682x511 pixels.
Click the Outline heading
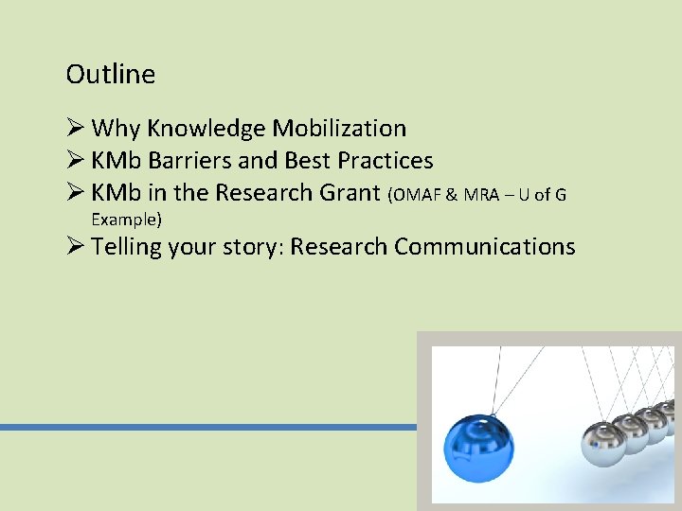click(111, 74)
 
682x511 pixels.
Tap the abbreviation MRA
click(482, 195)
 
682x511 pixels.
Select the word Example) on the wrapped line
click(126, 219)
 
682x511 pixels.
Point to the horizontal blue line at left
click(208, 428)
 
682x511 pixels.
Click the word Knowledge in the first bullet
click(206, 129)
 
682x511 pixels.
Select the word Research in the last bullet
click(339, 247)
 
